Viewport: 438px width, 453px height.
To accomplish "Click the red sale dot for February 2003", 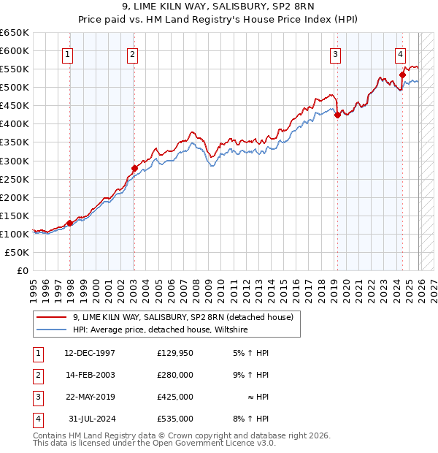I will pyautogui.click(x=134, y=168).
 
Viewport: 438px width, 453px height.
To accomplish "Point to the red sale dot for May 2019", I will pyautogui.click(x=337, y=115).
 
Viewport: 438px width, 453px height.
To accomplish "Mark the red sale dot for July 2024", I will pyautogui.click(x=402, y=74).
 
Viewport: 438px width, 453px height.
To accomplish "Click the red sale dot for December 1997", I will pyautogui.click(x=69, y=223).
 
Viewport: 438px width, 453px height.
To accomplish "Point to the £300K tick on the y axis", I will pyautogui.click(x=15, y=161).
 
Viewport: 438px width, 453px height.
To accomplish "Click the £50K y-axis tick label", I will pyautogui.click(x=18, y=252).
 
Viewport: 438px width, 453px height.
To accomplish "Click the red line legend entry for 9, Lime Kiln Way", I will pyautogui.click(x=182, y=317).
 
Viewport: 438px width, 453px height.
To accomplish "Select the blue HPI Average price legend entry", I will pyautogui.click(x=161, y=330).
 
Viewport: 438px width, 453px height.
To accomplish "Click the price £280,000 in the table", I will pyautogui.click(x=174, y=375).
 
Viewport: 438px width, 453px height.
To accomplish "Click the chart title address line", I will pyautogui.click(x=219, y=7).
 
